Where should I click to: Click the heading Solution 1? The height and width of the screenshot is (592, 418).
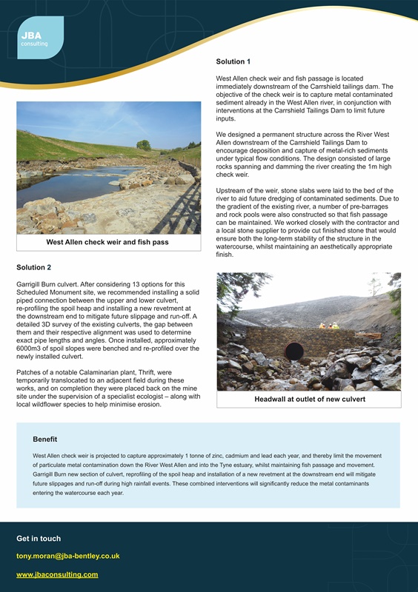coord(233,61)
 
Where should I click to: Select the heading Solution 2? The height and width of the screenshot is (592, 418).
coord(33,266)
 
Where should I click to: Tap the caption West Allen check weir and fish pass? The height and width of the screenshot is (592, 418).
coord(107,242)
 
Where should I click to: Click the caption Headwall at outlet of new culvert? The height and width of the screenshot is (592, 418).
coord(308,400)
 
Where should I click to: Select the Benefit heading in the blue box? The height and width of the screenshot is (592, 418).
coord(45,439)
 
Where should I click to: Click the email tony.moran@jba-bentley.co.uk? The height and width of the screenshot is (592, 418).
coord(68,555)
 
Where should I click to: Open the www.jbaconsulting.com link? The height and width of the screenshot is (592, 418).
coord(57,574)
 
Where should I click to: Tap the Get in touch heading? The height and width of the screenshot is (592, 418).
coord(39,538)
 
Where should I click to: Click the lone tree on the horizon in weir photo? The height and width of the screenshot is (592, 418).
coord(144,145)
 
